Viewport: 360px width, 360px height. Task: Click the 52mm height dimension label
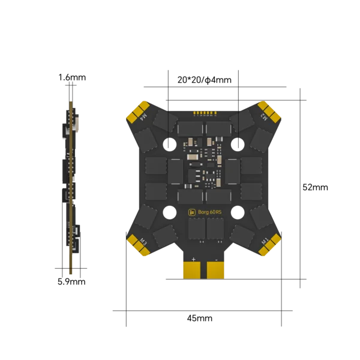click(315, 187)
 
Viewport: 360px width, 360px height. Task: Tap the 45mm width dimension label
click(200, 318)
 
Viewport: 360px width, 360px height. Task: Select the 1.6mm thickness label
click(72, 77)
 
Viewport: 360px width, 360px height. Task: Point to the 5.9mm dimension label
click(71, 282)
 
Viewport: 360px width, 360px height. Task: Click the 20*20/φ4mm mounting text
click(205, 80)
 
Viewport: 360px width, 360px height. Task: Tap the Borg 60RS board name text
click(209, 212)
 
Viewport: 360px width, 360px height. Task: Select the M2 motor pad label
click(264, 117)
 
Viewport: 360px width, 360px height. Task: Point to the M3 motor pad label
click(143, 242)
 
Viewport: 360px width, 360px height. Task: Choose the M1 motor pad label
click(265, 241)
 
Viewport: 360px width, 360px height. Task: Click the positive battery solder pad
click(192, 270)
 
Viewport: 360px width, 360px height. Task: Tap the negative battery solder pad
click(215, 270)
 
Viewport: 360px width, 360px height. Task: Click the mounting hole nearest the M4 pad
click(170, 145)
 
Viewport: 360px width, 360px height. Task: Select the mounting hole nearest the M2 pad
click(238, 145)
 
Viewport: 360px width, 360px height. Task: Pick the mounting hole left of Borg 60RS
click(170, 212)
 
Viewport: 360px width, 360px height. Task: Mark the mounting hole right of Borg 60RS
click(238, 212)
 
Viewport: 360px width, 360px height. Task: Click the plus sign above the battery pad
click(194, 259)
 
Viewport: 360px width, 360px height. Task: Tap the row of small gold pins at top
click(205, 113)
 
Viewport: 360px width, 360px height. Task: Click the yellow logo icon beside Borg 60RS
click(192, 212)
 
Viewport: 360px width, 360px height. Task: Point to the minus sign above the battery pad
click(216, 260)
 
